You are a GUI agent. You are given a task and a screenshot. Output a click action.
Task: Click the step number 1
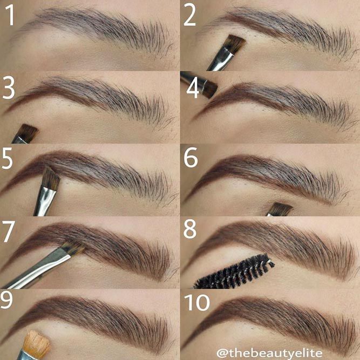pos(10,15)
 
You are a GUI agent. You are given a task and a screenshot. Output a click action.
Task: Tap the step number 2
pos(189,15)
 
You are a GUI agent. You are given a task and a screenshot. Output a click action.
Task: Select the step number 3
pos(8,87)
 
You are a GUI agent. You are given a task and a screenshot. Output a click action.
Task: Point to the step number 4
pos(192,89)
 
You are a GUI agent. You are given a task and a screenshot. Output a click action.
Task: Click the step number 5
pos(7,158)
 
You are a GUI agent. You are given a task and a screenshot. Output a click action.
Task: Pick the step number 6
pos(191,157)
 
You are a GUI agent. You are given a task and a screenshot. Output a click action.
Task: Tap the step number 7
pos(9,232)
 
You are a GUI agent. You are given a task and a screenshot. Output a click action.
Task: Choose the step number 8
pos(190,229)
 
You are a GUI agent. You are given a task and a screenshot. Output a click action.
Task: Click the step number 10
pos(197,302)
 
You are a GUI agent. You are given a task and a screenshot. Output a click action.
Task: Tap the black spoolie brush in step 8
pos(234,272)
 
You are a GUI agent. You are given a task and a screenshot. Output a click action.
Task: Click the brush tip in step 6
pos(281,208)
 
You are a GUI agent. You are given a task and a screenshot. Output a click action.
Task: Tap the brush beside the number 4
pos(199,84)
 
